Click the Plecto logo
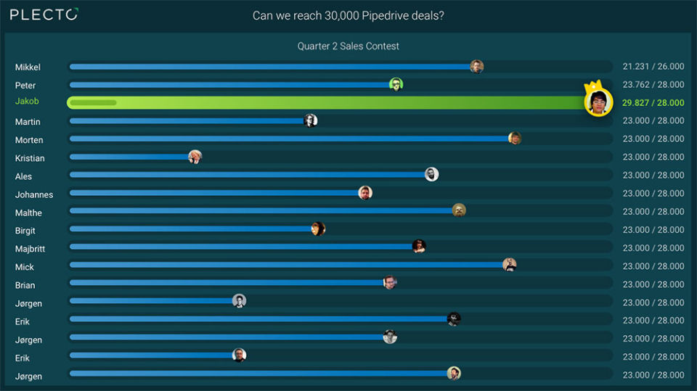pos(44,15)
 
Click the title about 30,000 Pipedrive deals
pos(348,15)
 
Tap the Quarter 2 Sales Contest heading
pos(348,46)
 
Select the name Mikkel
pos(28,67)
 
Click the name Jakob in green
pos(27,102)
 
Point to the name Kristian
pos(30,158)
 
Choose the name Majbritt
pos(30,249)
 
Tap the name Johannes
pos(34,194)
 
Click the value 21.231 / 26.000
pos(653,67)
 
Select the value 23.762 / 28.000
pos(653,85)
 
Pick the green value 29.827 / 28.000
pos(653,103)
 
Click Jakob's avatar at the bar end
pos(598,103)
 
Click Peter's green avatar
pos(396,85)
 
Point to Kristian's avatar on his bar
pos(195,157)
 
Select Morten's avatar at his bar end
pos(515,139)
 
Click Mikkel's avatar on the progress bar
pos(476,67)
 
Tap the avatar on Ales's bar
pos(431,174)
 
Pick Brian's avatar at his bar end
pos(390,283)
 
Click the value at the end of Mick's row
pos(653,266)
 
